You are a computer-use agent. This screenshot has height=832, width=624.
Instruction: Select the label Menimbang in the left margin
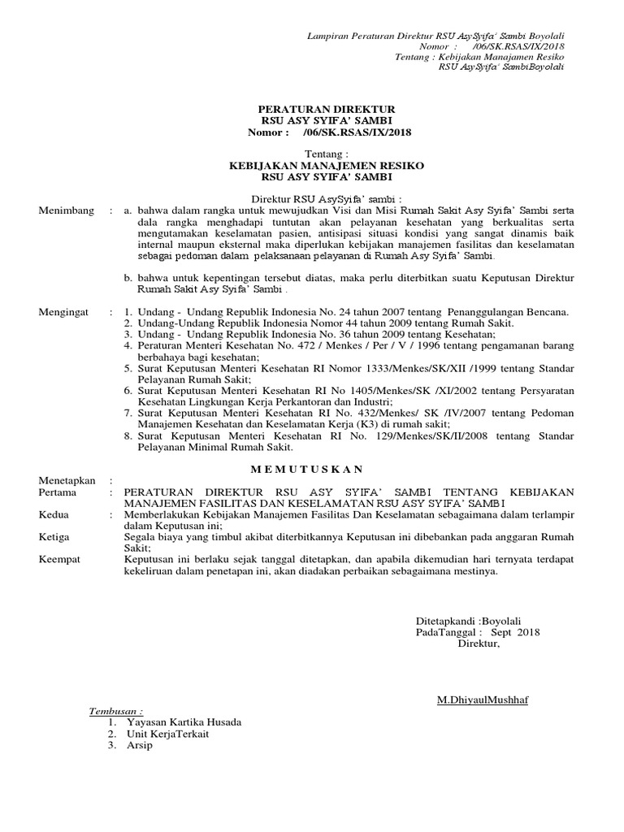click(x=66, y=210)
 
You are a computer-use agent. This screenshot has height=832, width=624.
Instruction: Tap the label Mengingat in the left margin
click(x=65, y=312)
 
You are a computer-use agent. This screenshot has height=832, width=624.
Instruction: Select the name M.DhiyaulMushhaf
click(x=482, y=700)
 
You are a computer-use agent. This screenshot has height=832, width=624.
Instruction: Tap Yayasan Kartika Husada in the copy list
click(x=184, y=722)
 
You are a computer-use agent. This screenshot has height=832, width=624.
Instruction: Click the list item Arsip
click(x=139, y=745)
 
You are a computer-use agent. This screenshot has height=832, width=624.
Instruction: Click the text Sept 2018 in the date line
click(x=516, y=632)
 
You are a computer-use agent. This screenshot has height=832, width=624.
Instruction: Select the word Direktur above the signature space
click(x=479, y=643)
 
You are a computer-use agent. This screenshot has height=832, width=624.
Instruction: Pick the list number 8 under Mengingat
click(x=128, y=435)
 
